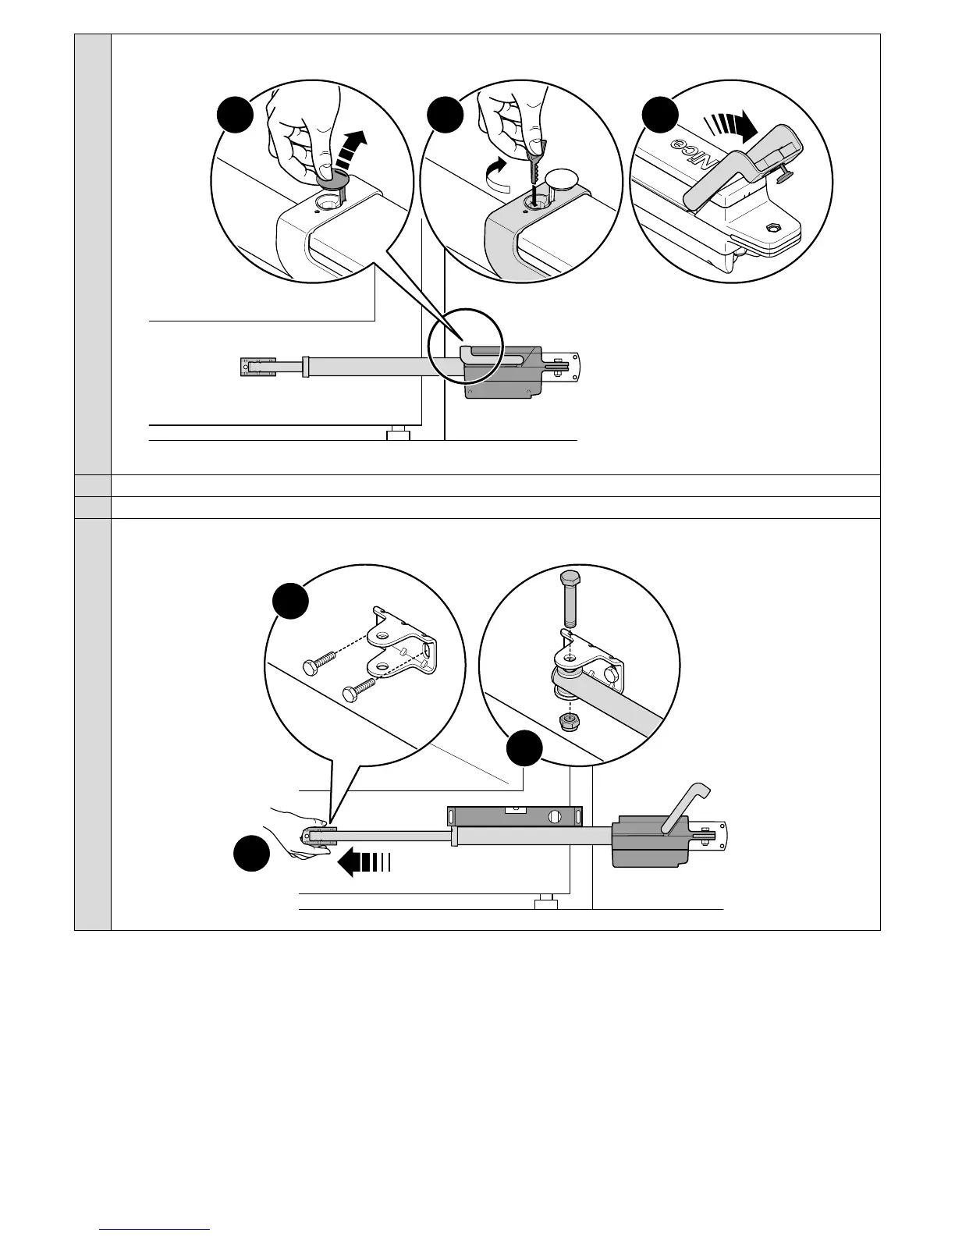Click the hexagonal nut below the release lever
772,227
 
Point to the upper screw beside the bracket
318,661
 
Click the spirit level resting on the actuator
515,816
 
